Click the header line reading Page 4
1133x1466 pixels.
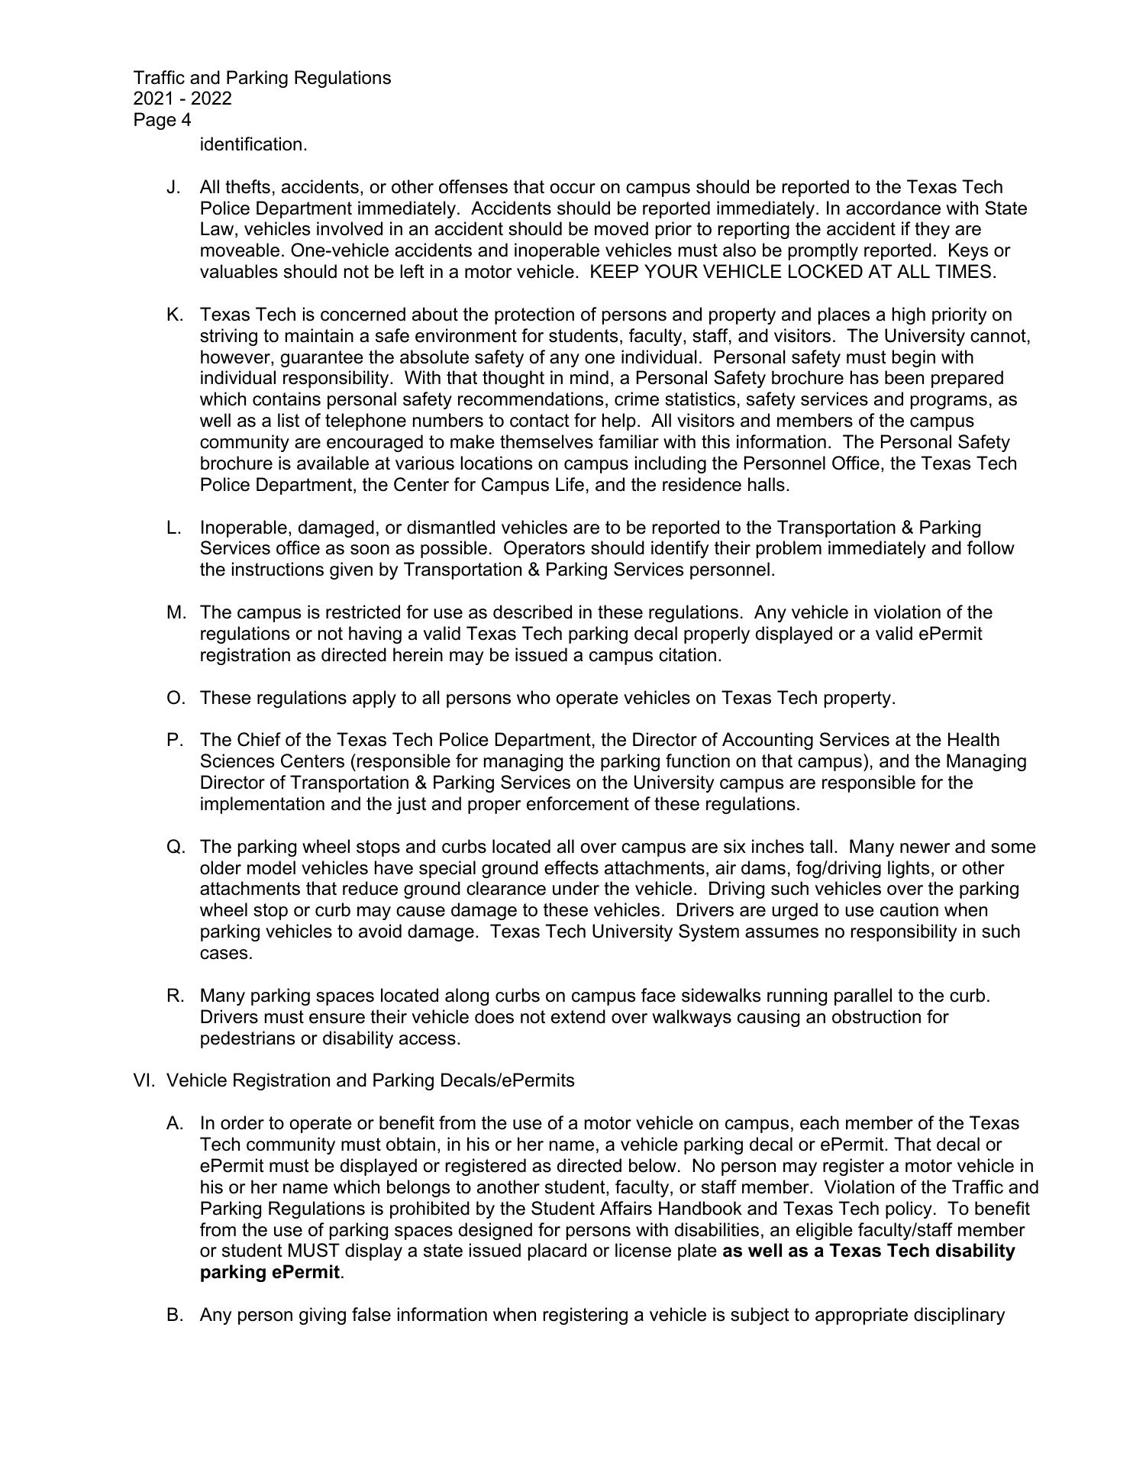coord(162,120)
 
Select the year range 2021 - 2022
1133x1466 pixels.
coord(182,98)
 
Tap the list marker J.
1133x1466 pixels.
coord(173,187)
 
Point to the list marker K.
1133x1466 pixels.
coord(174,315)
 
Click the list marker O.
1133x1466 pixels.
coord(174,698)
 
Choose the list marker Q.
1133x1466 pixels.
coord(174,847)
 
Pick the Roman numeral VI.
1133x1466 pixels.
coord(144,1080)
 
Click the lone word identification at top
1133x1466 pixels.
coord(253,144)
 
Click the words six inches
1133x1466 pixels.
coord(767,847)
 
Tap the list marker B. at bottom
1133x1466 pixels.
coord(174,1315)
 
